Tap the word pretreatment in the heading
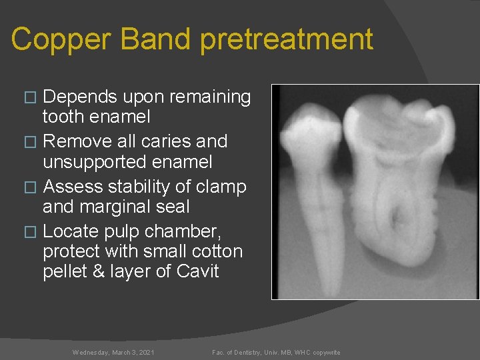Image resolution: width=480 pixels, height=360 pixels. [287, 39]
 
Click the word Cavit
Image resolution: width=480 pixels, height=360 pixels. [198, 271]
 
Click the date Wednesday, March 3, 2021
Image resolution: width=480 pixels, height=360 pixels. [113, 352]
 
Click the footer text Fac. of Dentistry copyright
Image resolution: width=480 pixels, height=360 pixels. [276, 352]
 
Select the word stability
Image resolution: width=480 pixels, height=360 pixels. [131, 187]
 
